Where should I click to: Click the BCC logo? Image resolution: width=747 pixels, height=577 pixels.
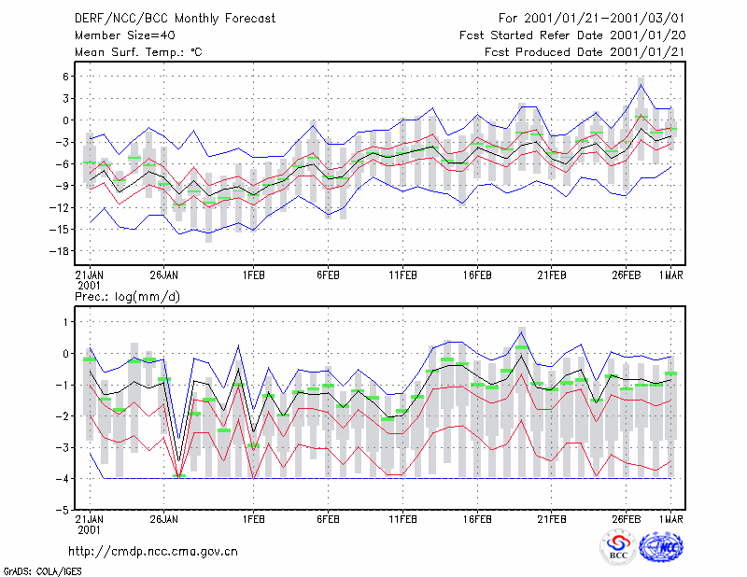618,547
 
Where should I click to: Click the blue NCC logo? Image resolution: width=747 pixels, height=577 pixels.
661,547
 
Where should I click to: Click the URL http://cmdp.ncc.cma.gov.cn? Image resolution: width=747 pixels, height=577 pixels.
153,551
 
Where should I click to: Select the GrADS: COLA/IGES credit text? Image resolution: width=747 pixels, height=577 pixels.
43,570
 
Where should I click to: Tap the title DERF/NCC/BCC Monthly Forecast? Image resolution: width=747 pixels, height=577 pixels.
175,19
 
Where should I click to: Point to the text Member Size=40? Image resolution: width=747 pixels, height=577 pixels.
125,35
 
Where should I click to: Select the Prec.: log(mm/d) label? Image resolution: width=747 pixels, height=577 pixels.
127,297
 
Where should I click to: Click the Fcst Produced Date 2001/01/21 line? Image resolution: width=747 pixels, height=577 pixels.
585,52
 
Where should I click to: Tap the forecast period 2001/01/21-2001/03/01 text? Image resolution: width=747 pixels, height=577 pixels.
592,19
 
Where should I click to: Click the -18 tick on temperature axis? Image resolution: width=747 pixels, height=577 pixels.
59,251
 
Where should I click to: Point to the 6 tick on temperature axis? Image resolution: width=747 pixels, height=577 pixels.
65,77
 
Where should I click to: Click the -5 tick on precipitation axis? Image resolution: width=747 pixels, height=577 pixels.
63,510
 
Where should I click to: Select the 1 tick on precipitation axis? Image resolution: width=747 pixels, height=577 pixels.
65,322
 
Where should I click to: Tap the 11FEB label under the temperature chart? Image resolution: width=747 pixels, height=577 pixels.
402,275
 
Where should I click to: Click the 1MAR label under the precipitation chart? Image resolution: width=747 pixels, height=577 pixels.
670,519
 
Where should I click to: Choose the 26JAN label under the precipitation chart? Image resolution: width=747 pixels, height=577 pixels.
164,519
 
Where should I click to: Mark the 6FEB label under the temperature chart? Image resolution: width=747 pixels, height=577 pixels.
328,275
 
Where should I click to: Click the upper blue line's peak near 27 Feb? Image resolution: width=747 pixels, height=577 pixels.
641,85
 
